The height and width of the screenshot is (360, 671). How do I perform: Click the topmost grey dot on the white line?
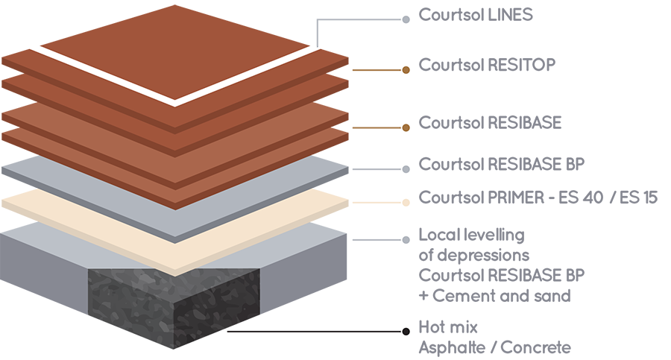(x=405, y=19)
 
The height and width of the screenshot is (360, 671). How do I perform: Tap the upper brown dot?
(x=405, y=70)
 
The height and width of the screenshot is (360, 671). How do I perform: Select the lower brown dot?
(x=405, y=128)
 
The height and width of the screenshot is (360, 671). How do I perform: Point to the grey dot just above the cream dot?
(x=405, y=169)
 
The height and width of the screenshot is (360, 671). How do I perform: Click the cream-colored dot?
(x=405, y=202)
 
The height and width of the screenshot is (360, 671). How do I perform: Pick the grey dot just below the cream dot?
(x=405, y=239)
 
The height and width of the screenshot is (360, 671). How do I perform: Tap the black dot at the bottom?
(x=405, y=331)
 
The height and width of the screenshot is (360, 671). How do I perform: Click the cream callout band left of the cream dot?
(x=377, y=203)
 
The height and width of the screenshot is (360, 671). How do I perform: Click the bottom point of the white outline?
(x=176, y=100)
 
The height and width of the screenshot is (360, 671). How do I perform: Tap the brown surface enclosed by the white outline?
(x=171, y=45)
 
